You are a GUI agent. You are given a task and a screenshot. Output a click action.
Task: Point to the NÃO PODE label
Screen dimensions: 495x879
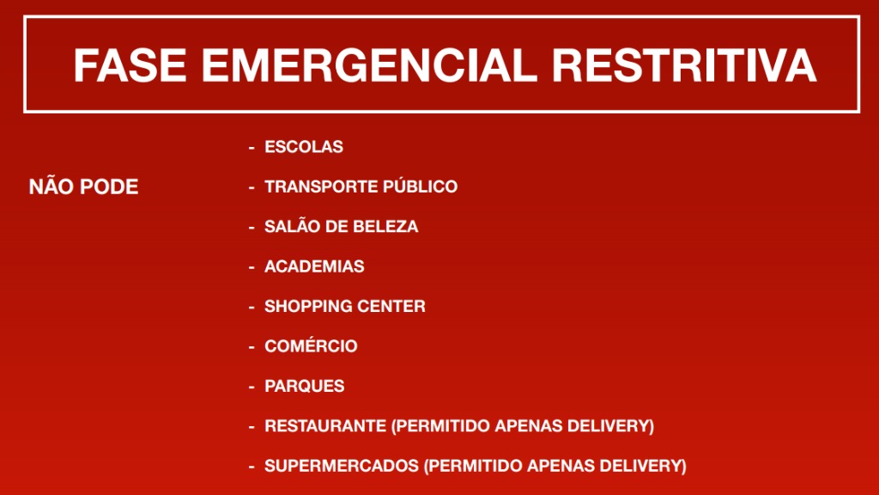coord(83,187)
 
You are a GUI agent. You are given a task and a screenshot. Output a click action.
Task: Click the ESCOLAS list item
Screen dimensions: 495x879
coord(304,147)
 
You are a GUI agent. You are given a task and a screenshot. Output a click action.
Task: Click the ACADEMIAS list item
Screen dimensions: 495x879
coord(314,266)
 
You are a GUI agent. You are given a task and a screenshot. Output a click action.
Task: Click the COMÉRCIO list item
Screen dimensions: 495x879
coord(311,346)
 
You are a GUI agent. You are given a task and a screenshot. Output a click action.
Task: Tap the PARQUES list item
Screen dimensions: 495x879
coord(305,386)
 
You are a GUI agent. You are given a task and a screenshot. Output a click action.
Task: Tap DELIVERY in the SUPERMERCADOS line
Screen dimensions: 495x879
coord(646,466)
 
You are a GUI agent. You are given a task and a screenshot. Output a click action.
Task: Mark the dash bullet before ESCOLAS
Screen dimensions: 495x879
coord(252,148)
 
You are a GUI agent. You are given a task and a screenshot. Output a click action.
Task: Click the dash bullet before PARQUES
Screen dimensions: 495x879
coord(252,387)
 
